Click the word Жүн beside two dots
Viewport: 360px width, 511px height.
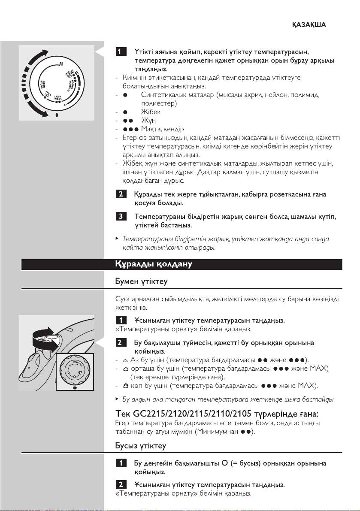pos(148,121)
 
